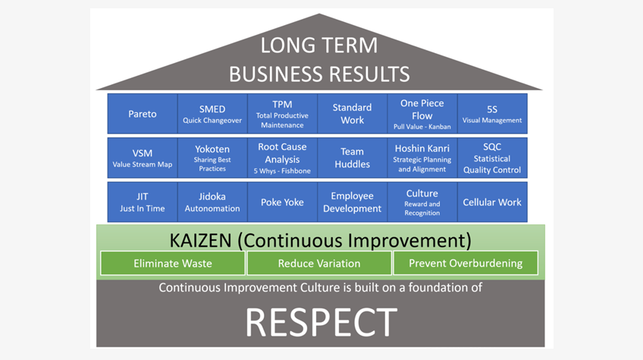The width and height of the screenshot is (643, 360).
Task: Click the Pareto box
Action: click(x=143, y=114)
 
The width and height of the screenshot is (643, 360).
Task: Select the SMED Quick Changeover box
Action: click(x=212, y=114)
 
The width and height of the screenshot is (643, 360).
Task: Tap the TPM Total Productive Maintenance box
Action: click(x=282, y=114)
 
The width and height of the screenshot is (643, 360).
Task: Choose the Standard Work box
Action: click(x=353, y=114)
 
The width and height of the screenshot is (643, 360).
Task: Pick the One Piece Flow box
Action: click(x=422, y=114)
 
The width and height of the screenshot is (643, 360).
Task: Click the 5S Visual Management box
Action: click(x=493, y=114)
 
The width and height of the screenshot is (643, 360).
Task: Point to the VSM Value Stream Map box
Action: click(x=143, y=158)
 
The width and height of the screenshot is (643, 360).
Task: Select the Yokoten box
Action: click(x=212, y=158)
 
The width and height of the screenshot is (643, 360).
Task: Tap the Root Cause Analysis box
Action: click(x=282, y=158)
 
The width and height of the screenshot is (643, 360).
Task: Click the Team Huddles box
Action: click(x=353, y=158)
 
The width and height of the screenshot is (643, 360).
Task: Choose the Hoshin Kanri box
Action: click(x=422, y=158)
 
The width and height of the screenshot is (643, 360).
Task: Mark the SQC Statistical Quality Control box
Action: click(x=493, y=158)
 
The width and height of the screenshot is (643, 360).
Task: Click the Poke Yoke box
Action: click(x=282, y=202)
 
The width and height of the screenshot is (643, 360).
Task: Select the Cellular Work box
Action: click(x=493, y=202)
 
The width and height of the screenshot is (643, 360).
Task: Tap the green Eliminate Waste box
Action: click(x=173, y=263)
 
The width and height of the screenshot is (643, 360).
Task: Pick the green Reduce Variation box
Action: click(x=319, y=263)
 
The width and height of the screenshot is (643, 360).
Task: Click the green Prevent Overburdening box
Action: click(x=466, y=263)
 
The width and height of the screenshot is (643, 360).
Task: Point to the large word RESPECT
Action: click(x=321, y=323)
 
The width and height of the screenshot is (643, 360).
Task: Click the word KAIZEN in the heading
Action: click(x=200, y=240)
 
